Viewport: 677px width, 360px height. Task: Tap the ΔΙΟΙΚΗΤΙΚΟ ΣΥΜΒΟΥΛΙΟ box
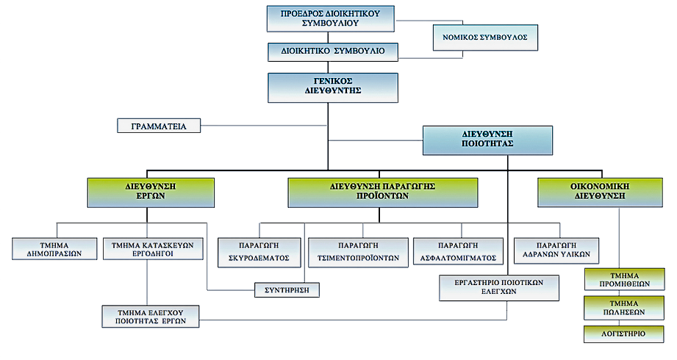tap(332, 53)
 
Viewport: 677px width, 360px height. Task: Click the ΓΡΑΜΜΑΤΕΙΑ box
tap(159, 126)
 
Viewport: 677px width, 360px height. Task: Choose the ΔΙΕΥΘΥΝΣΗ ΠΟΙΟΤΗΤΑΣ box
tap(487, 140)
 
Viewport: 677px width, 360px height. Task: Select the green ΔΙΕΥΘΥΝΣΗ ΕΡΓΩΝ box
tap(151, 192)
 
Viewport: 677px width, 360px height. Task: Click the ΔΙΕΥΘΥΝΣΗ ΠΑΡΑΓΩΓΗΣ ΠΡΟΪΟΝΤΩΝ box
tap(382, 192)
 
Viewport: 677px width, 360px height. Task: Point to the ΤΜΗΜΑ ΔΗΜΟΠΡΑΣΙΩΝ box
tap(57, 248)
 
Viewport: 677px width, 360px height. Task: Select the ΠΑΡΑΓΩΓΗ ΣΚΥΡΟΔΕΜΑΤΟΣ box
tap(259, 252)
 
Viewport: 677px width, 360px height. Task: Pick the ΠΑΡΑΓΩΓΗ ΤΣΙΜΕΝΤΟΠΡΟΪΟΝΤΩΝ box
tap(358, 252)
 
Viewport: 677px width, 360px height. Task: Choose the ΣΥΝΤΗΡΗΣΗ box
tap(287, 290)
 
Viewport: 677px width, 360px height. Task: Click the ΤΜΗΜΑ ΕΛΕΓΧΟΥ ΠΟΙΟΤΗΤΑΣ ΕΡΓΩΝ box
tap(150, 316)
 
